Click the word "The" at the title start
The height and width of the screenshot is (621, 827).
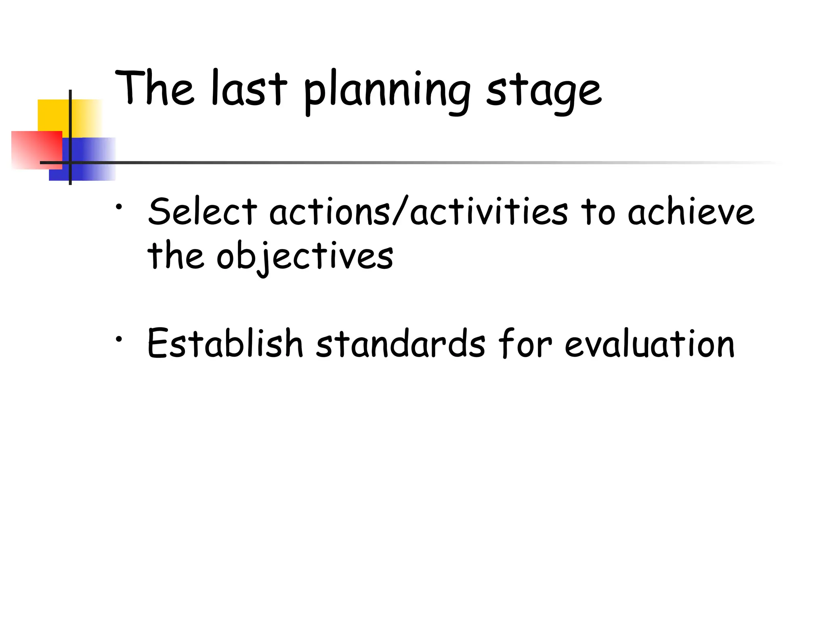coord(154,88)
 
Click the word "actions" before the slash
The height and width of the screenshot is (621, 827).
coord(330,212)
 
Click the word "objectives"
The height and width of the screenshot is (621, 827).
coord(304,256)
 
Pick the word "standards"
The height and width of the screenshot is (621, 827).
coord(400,344)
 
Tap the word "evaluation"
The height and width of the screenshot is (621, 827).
coord(649,344)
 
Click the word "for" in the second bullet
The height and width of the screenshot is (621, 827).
coord(524,344)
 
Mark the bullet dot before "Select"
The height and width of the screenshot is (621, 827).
coord(118,207)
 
